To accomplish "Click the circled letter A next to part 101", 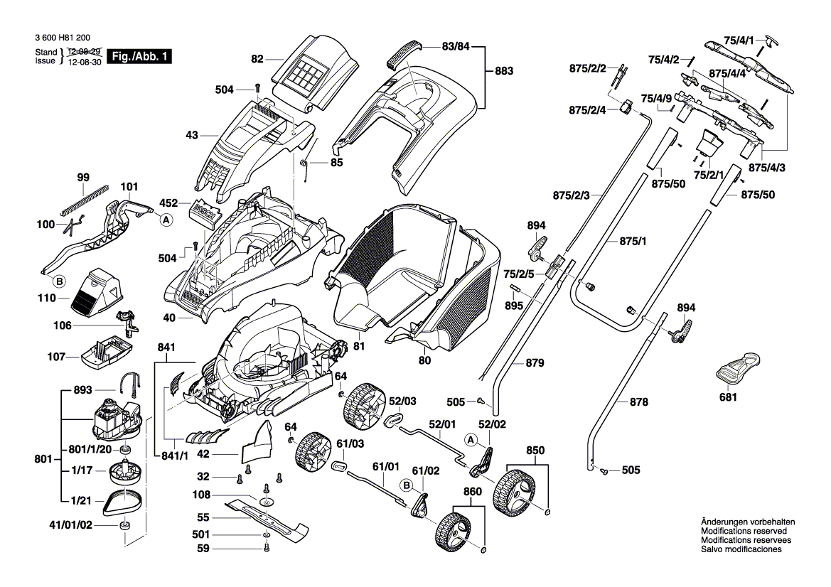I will point(166,221).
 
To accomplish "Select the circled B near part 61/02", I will point(407,485).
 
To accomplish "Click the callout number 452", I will point(168,203).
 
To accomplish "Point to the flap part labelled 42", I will point(260,441).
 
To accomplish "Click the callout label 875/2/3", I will point(571,195).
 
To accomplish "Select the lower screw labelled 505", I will point(605,470).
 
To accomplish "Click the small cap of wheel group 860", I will point(484,549).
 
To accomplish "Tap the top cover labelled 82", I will point(313,68).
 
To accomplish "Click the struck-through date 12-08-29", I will point(85,52).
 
